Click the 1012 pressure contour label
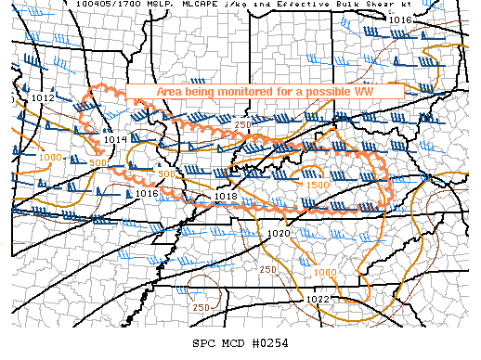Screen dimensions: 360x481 tap(43, 97)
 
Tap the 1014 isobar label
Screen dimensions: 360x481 tap(115, 139)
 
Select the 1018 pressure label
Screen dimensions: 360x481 tap(226, 197)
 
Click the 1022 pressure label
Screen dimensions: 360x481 tap(318, 299)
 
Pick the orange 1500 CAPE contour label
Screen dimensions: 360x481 tap(317, 185)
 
